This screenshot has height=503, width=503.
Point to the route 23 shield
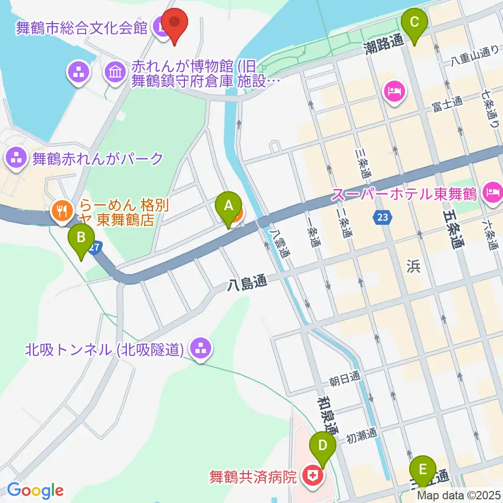click(382, 217)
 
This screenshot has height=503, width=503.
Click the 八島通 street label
click(247, 284)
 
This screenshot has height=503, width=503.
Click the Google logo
click(35, 491)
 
